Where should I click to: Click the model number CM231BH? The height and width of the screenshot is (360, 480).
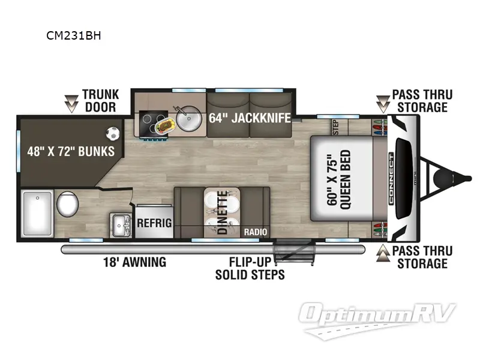74,35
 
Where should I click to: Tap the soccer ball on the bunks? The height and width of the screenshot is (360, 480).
113,132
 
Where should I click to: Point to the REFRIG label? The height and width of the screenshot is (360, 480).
154,223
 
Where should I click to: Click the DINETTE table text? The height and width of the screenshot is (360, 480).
222,212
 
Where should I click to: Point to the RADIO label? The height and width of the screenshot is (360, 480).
256,232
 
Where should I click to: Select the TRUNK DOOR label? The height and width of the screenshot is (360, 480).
100,101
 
